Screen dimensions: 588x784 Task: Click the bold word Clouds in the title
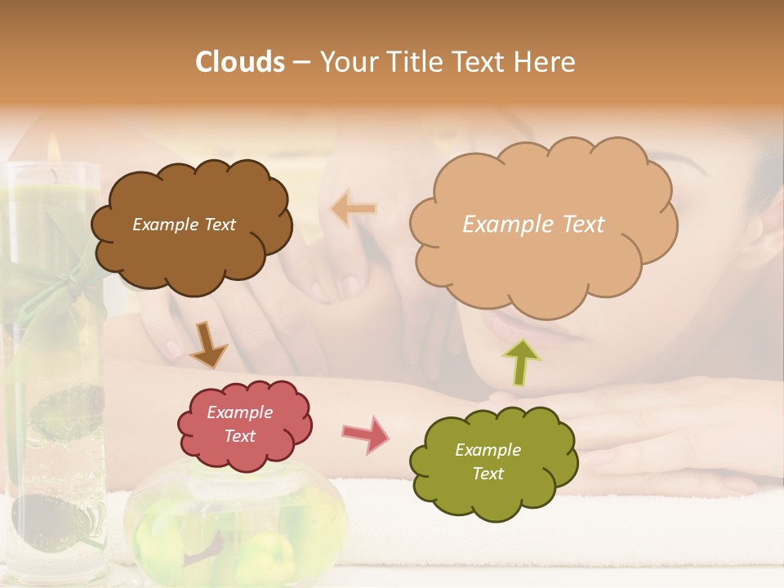pos(240,62)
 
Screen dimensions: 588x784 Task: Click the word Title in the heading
pos(415,62)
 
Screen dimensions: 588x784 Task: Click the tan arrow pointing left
pos(353,209)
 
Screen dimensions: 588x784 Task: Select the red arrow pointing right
pos(366,434)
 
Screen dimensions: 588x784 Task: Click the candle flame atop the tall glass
pos(52,149)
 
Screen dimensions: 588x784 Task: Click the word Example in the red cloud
pos(239,412)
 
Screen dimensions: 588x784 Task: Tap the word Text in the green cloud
pos(488,474)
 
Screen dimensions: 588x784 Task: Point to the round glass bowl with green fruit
pos(237,523)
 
